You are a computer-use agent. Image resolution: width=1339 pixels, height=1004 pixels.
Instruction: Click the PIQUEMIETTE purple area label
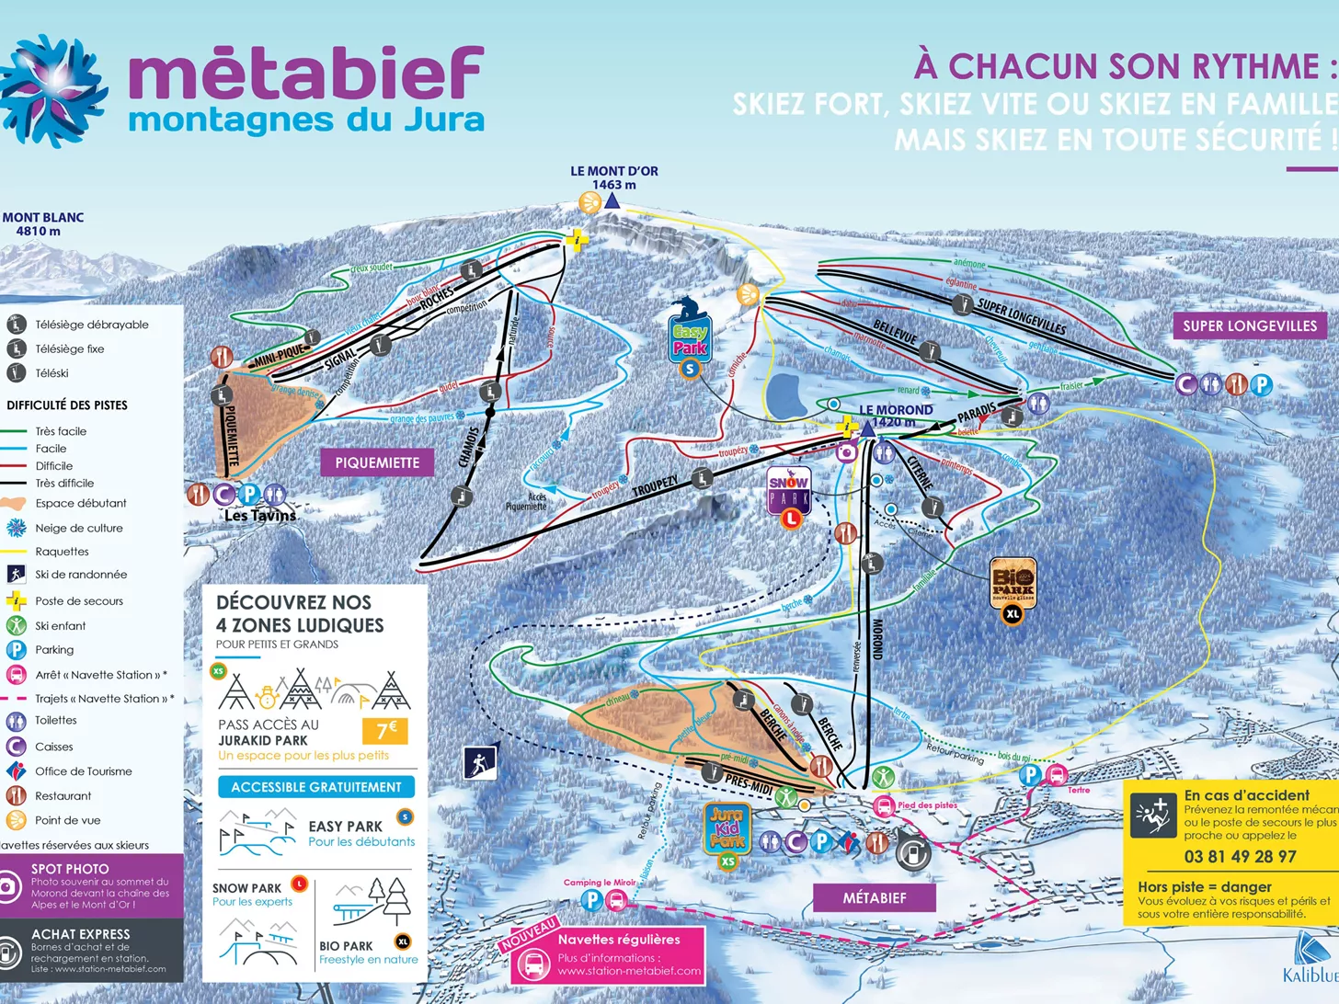[x=377, y=462]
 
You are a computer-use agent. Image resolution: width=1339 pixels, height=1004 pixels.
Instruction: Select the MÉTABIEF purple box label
[x=874, y=897]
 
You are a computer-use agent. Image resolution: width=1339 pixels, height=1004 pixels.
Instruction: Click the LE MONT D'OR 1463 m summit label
[x=613, y=177]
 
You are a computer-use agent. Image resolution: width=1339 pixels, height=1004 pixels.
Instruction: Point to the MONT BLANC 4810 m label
[x=42, y=224]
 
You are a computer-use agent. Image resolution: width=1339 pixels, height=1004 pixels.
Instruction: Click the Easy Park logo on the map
[x=690, y=338]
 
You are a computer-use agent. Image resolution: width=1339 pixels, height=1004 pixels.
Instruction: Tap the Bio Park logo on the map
[x=1013, y=583]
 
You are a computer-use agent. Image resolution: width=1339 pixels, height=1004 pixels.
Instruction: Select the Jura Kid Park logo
[x=727, y=827]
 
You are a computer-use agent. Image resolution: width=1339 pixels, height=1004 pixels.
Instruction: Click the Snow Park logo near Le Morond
[x=788, y=491]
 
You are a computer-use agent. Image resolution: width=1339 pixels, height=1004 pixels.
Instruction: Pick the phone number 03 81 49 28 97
[x=1240, y=856]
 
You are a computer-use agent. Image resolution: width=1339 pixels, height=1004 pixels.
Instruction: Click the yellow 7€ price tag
[x=386, y=731]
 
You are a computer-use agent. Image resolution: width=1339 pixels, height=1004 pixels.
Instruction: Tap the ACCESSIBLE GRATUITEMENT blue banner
[x=316, y=787]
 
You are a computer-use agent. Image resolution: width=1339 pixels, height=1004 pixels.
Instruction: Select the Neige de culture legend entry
[x=78, y=528]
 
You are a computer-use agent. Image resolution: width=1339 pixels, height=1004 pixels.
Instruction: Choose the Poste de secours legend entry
[x=78, y=601]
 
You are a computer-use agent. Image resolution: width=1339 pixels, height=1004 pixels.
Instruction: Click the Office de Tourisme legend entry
[x=83, y=771]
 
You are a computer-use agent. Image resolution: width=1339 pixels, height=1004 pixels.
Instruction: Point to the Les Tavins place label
[x=260, y=516]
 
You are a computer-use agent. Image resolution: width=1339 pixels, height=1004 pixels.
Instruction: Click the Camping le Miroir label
[x=600, y=882]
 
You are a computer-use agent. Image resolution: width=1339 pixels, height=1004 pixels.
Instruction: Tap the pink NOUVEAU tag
[x=530, y=933]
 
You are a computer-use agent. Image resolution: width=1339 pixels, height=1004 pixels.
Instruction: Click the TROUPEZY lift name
[x=655, y=486]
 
